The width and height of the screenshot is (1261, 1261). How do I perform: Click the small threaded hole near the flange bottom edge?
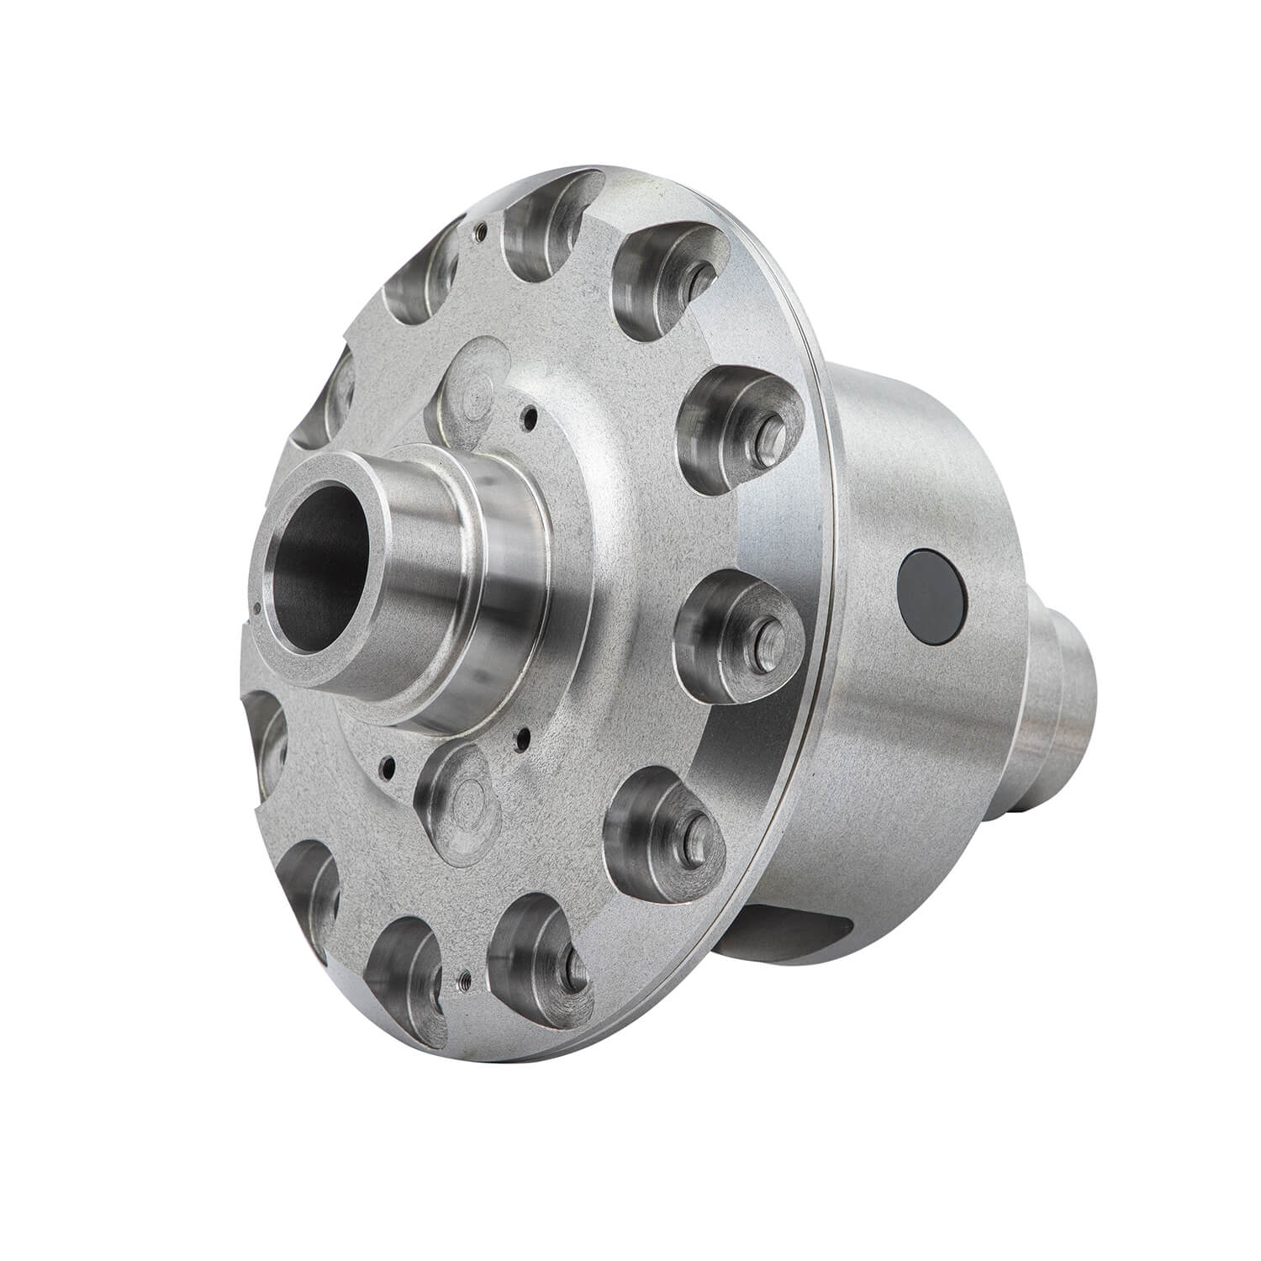click(x=463, y=977)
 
